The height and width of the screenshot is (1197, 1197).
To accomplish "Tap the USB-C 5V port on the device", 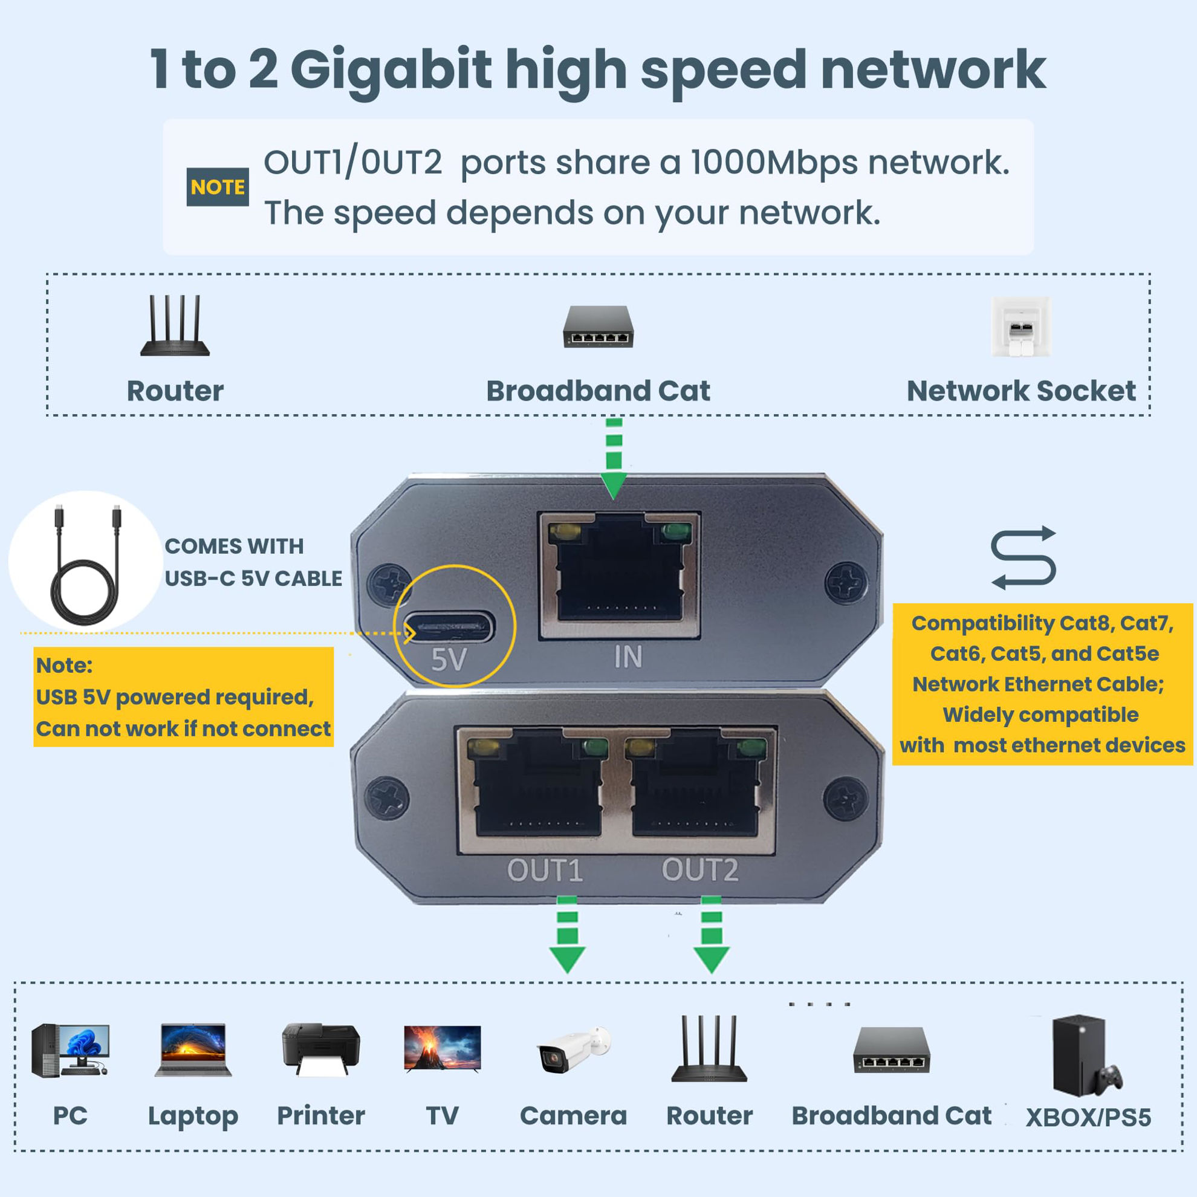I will [x=449, y=628].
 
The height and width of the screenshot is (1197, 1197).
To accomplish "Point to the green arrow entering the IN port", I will [x=614, y=458].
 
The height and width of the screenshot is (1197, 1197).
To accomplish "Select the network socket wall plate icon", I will [x=1021, y=326].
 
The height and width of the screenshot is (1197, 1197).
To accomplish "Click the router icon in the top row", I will [x=175, y=326].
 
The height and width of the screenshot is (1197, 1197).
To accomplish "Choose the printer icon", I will [x=320, y=1049].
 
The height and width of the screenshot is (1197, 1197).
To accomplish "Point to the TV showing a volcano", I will [x=442, y=1048].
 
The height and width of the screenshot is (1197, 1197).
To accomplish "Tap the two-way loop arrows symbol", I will [x=1023, y=557].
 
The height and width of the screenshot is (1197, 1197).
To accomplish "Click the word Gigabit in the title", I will [x=391, y=70].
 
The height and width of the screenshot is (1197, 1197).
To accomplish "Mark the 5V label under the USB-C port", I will [x=449, y=660].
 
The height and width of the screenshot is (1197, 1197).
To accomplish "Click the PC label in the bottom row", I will [x=70, y=1116].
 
